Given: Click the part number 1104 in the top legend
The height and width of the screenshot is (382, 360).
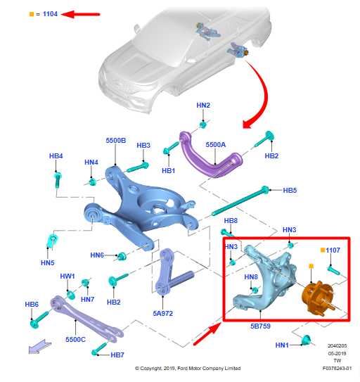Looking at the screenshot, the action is click(x=50, y=14).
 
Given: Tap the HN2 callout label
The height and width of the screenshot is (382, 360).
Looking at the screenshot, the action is click(x=203, y=106).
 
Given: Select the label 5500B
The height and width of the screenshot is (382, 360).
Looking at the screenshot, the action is click(x=116, y=140).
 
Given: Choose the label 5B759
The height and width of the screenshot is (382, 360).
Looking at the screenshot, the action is click(x=260, y=326).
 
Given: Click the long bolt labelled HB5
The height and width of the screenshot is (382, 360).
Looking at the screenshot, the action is click(x=240, y=202).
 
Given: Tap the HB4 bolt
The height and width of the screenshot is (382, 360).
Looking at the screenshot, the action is click(x=57, y=180).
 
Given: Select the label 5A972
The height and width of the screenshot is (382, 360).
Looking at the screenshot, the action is click(x=162, y=313).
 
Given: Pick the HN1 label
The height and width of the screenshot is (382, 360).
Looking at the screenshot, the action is click(x=282, y=345).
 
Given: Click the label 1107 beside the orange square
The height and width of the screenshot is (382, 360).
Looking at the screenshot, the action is click(x=333, y=250).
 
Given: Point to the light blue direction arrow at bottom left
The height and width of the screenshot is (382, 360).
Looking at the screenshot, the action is click(x=39, y=347).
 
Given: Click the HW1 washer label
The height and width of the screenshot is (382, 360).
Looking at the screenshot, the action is click(x=67, y=276).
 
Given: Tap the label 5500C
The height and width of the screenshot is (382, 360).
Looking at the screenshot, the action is click(x=75, y=339).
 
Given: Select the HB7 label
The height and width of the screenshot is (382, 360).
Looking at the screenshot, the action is click(x=117, y=355).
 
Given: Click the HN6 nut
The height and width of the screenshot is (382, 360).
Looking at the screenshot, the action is click(x=122, y=256).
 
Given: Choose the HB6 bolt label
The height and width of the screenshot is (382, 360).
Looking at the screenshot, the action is click(x=32, y=305).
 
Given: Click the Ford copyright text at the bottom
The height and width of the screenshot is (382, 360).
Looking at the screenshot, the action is click(x=188, y=368).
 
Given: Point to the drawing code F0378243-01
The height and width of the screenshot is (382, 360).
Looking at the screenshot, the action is click(x=337, y=368).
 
